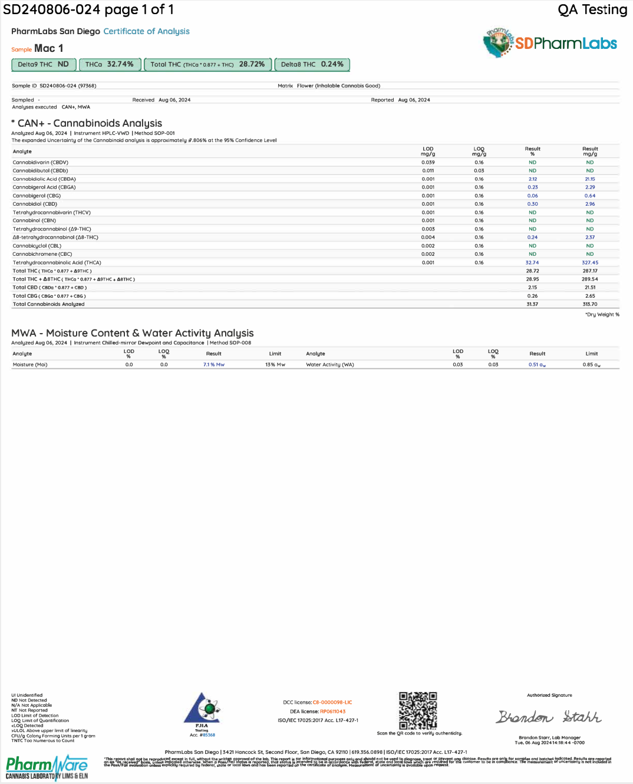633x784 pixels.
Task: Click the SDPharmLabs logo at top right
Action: tap(549, 43)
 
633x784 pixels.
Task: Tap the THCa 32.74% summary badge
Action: tap(110, 64)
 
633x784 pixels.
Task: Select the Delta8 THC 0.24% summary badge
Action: tap(312, 64)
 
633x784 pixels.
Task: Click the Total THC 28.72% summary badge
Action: tap(207, 64)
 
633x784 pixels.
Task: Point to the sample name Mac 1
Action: tap(48, 48)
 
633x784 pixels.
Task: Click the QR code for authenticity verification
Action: tap(418, 710)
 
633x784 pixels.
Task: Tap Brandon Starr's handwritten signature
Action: tap(548, 717)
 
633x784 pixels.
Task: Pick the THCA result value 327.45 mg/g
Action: tap(590, 263)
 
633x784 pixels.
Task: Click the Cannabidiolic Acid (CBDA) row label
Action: tap(44, 179)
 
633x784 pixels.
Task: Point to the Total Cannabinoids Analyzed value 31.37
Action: tap(532, 305)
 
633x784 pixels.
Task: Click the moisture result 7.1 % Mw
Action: tap(214, 365)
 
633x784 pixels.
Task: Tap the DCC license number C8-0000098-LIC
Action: tap(332, 703)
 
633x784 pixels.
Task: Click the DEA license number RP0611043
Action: tap(332, 711)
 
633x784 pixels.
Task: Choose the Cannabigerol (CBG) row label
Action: tap(37, 196)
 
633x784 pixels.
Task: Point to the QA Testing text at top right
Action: tap(592, 9)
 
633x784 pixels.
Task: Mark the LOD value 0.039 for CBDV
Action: tap(428, 163)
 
